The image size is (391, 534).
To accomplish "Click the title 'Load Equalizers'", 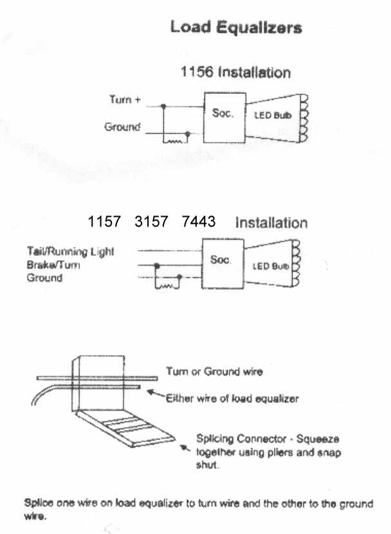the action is pyautogui.click(x=236, y=27).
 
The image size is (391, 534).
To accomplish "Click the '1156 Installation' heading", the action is pyautogui.click(x=235, y=72).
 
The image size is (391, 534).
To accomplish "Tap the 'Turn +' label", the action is pyautogui.click(x=125, y=100).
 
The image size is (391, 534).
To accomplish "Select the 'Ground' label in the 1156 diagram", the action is pyautogui.click(x=122, y=127).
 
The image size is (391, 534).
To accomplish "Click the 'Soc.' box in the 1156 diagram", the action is pyautogui.click(x=224, y=118).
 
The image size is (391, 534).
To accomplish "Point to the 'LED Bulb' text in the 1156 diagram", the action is pyautogui.click(x=273, y=115).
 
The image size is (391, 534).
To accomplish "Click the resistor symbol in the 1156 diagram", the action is pyautogui.click(x=175, y=141).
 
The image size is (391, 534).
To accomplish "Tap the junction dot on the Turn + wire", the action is pyautogui.click(x=163, y=107).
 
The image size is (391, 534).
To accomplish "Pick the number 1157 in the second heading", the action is pyautogui.click(x=104, y=221).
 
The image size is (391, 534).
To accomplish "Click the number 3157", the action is pyautogui.click(x=151, y=221).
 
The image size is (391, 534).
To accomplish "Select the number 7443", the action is pyautogui.click(x=199, y=221).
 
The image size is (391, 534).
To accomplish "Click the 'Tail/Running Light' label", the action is pyautogui.click(x=71, y=252).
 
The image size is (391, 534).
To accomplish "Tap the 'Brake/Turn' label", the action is pyautogui.click(x=53, y=264).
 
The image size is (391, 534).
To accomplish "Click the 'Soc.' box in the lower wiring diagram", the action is pyautogui.click(x=223, y=264).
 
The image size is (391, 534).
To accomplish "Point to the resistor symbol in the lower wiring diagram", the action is pyautogui.click(x=167, y=286).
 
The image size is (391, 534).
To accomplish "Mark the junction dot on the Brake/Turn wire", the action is pyautogui.click(x=156, y=265).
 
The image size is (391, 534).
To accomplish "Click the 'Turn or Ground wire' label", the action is pyautogui.click(x=214, y=371).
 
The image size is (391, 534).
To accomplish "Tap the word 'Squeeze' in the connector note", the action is pyautogui.click(x=318, y=439).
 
